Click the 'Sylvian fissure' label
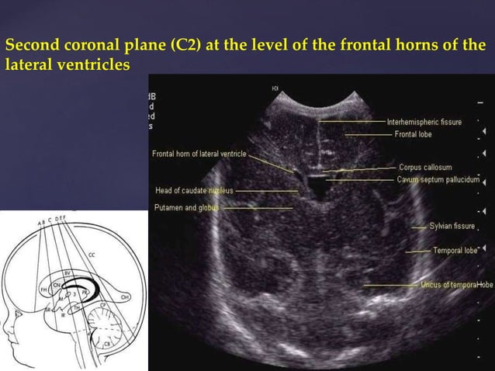pos(452,226)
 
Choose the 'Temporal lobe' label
pos(455,251)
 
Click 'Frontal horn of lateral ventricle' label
pos(199,154)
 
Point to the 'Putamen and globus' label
pos(186,207)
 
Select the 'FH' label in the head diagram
pos(44,289)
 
